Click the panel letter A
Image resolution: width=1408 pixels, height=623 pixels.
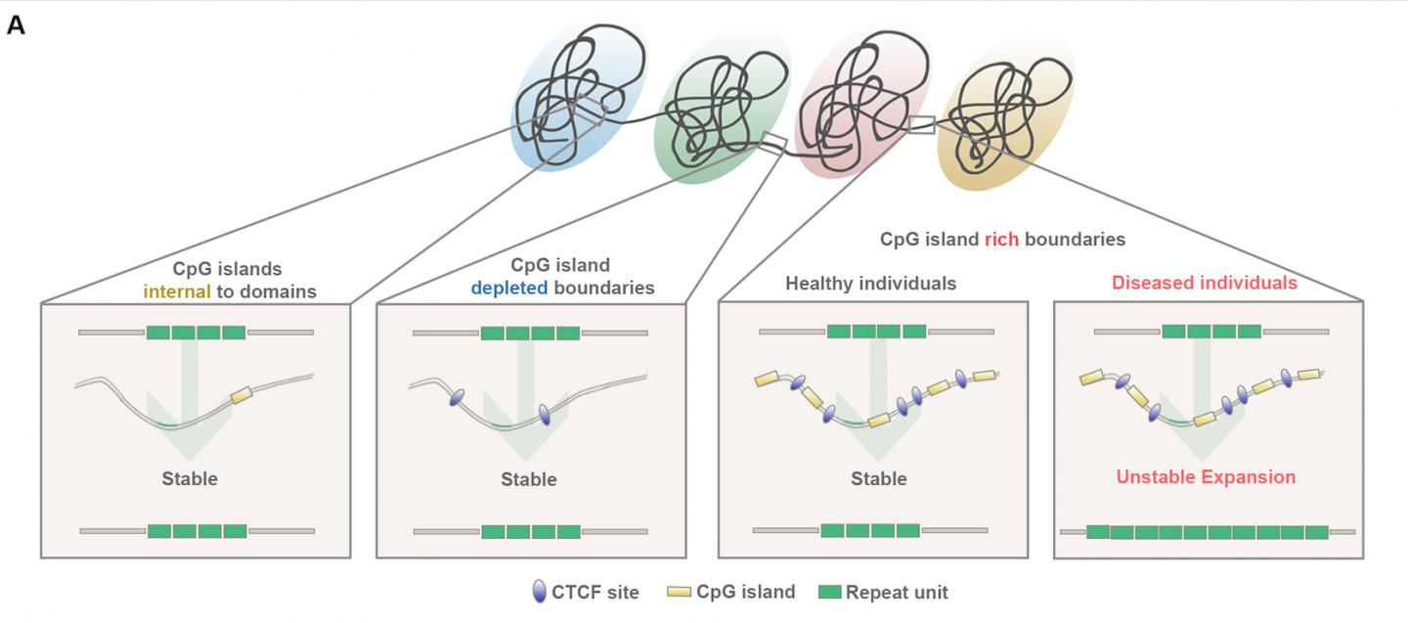pos(16,25)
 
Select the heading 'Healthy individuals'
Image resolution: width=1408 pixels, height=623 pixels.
pos(871,284)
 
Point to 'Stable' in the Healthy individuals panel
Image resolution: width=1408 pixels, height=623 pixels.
pos(878,479)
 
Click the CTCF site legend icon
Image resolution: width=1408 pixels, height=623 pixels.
pos(539,592)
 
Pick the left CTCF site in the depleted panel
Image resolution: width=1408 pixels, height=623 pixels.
pos(456,399)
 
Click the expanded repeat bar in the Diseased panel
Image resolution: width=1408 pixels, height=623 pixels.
pos(1207,532)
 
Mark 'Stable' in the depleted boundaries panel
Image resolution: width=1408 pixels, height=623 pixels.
pos(528,479)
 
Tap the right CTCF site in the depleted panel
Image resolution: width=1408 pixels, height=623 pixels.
pos(545,417)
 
